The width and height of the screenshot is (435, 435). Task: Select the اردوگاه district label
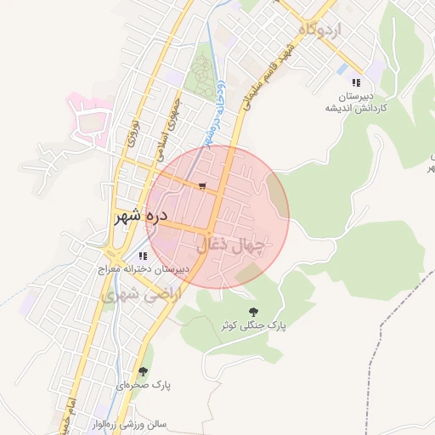click(x=319, y=30)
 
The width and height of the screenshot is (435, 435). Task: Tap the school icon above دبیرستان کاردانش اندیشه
click(x=355, y=82)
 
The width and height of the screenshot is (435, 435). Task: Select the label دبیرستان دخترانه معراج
click(x=141, y=268)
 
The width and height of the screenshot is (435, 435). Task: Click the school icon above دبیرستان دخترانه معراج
click(x=142, y=255)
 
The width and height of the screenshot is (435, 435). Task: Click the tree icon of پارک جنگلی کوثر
click(x=252, y=312)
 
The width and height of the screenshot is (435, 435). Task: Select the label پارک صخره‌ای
click(x=144, y=385)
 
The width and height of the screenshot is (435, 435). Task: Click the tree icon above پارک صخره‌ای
click(x=143, y=371)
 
